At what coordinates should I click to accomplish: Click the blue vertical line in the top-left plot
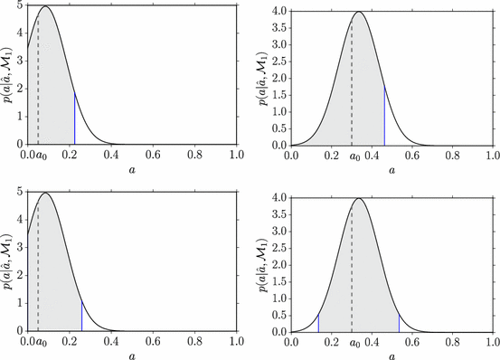pos(74,118)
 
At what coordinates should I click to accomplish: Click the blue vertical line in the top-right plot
pos(384,117)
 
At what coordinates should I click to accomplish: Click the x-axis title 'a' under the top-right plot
pos(394,169)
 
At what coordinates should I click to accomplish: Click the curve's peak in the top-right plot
pos(360,12)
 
